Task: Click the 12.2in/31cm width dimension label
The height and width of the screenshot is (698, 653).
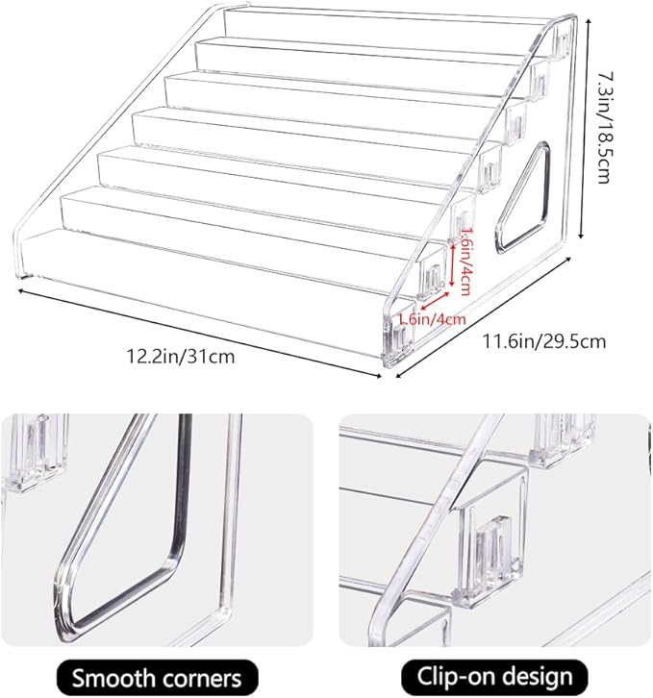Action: (181, 356)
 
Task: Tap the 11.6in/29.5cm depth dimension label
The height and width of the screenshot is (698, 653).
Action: (544, 341)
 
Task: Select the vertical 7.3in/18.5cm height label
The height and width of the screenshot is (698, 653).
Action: (604, 128)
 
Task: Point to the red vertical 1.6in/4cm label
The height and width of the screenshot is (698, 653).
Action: (465, 262)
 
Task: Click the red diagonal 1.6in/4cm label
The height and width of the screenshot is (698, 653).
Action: (432, 319)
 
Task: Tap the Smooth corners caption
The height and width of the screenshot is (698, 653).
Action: (157, 678)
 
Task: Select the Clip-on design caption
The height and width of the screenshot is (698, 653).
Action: (494, 677)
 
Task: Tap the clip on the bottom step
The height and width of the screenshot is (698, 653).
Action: (399, 340)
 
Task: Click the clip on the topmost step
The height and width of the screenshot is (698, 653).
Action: (563, 44)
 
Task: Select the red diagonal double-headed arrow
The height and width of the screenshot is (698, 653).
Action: (435, 301)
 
